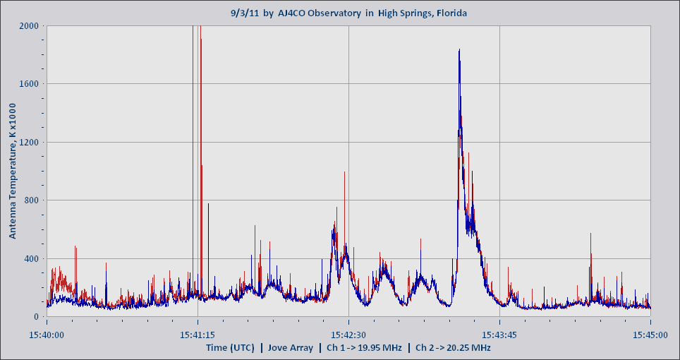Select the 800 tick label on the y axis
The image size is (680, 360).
tap(31, 200)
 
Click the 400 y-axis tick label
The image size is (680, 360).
tap(31, 259)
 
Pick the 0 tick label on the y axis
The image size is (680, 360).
tap(37, 317)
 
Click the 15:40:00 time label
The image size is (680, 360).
tap(47, 335)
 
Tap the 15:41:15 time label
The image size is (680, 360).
tap(198, 335)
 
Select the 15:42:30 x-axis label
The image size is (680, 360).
tap(348, 335)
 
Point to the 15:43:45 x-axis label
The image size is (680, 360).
tap(499, 335)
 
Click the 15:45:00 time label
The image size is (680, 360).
tap(650, 335)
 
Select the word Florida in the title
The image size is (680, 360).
tap(449, 13)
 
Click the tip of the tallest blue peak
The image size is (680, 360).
tap(459, 49)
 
